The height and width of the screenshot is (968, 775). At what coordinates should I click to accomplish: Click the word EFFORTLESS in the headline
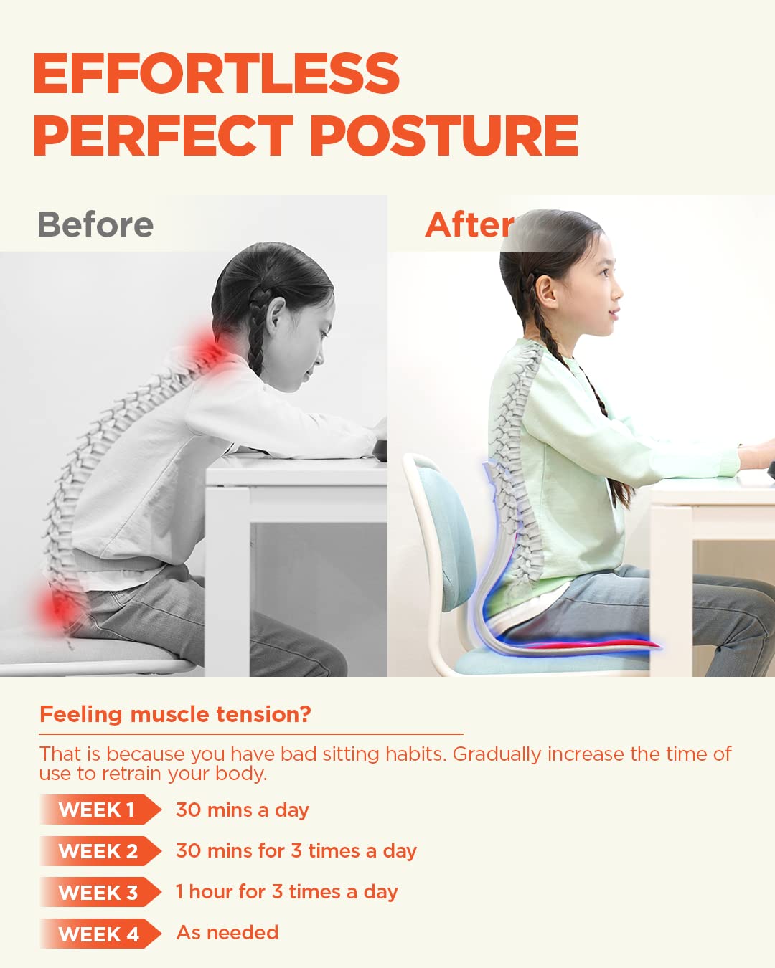click(x=216, y=73)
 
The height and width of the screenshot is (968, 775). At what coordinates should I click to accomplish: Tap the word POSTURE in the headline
click(x=444, y=136)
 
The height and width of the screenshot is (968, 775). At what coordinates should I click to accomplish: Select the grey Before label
click(x=95, y=224)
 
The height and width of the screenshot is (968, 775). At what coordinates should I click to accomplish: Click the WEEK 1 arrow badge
click(x=99, y=810)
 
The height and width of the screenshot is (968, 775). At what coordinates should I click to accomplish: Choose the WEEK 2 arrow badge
click(x=99, y=851)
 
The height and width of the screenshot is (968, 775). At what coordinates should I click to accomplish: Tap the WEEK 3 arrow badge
click(x=99, y=893)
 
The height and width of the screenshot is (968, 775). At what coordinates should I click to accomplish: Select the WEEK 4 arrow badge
click(x=99, y=934)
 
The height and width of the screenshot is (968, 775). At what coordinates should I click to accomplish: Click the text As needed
click(x=227, y=932)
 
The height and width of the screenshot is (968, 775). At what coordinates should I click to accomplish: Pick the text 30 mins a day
click(x=243, y=810)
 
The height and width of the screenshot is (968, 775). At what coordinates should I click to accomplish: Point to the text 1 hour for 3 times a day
click(x=287, y=891)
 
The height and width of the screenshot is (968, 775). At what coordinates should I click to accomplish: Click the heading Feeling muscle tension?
click(x=175, y=714)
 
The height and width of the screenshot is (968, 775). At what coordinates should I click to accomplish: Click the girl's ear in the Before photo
click(x=273, y=323)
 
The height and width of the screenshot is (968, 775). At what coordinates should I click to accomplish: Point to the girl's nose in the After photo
click(x=619, y=293)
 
